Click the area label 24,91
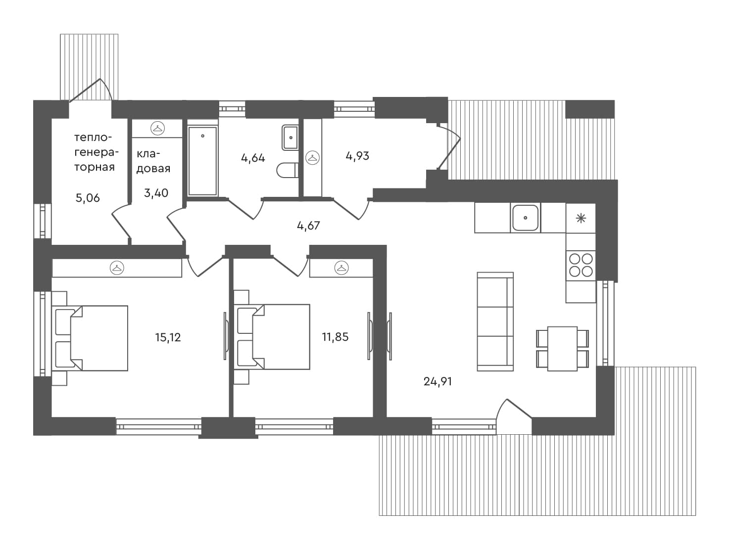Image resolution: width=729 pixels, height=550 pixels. pyautogui.click(x=437, y=381)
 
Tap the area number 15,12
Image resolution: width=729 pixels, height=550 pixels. pyautogui.click(x=168, y=337)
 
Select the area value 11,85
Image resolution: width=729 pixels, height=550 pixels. pyautogui.click(x=335, y=337)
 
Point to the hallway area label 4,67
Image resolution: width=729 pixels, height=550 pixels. pyautogui.click(x=308, y=226)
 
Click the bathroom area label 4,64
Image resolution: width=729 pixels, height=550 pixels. pyautogui.click(x=253, y=158)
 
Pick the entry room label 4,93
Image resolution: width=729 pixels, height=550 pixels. pyautogui.click(x=357, y=156)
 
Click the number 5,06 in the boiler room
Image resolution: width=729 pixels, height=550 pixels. pyautogui.click(x=88, y=198)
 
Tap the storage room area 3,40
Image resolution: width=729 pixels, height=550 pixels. pyautogui.click(x=156, y=193)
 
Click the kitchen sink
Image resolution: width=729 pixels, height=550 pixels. pyautogui.click(x=525, y=218)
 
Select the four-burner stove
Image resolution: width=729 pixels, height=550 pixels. pyautogui.click(x=581, y=265)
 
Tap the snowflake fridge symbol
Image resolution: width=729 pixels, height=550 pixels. pyautogui.click(x=581, y=218)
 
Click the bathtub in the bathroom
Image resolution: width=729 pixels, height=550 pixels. pyautogui.click(x=202, y=161)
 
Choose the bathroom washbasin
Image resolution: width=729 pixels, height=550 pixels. pyautogui.click(x=290, y=137)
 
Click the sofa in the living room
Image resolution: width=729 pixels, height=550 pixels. pyautogui.click(x=495, y=321)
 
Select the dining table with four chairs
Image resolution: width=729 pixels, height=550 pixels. pyautogui.click(x=562, y=348)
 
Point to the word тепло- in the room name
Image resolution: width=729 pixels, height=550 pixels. pyautogui.click(x=93, y=137)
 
